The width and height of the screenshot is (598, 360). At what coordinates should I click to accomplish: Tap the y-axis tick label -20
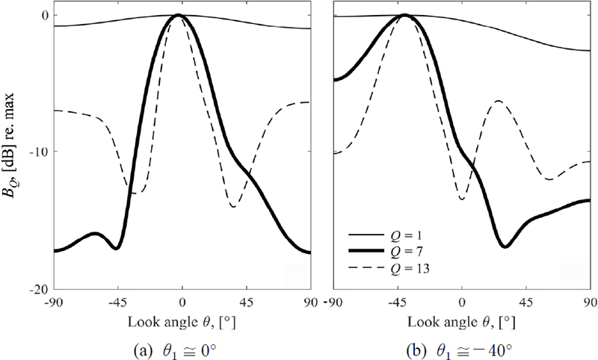coord(39,289)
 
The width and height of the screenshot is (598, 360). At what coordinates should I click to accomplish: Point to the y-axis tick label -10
coord(39,152)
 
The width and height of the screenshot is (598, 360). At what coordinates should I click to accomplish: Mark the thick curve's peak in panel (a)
coord(179,15)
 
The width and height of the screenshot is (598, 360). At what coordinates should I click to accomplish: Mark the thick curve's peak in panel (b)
coord(404,15)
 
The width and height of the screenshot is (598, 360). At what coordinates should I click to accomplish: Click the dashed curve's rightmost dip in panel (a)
coord(234,205)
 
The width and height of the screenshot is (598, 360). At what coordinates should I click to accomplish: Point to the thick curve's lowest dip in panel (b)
coord(505,246)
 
